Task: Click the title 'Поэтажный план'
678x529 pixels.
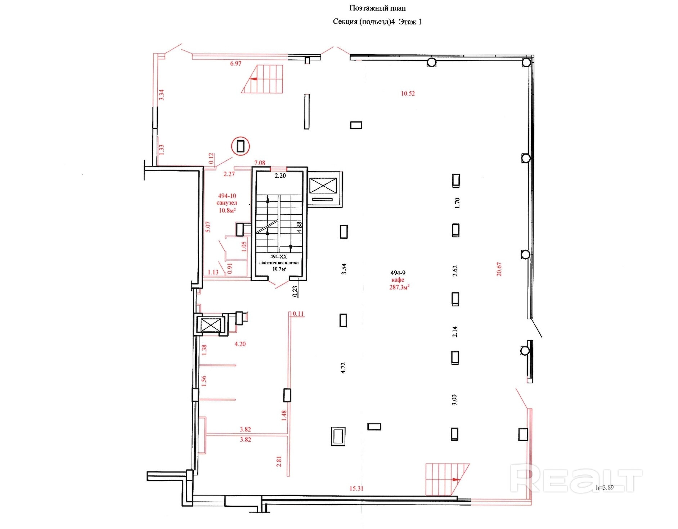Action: (377, 8)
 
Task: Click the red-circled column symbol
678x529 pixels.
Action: (241, 146)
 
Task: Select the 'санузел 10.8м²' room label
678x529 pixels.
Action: (227, 206)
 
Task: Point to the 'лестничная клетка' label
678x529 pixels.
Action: (279, 263)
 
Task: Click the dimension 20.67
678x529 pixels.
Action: (499, 269)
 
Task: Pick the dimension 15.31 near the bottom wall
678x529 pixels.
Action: (356, 488)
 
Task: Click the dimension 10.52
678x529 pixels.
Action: (408, 94)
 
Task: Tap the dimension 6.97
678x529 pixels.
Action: (236, 64)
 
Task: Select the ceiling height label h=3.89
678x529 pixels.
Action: (605, 488)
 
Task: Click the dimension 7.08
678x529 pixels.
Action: (260, 163)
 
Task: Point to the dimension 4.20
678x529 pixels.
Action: (240, 344)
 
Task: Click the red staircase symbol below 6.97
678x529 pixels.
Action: (262, 79)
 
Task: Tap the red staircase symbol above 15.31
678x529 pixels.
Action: (448, 479)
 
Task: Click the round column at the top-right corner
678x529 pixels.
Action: (526, 63)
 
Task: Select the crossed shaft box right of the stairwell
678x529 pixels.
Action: (323, 186)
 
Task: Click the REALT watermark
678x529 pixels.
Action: (576, 478)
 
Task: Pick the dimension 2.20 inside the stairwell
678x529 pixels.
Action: (280, 176)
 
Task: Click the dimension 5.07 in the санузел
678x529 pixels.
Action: (208, 227)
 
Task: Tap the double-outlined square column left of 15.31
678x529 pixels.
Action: (338, 436)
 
